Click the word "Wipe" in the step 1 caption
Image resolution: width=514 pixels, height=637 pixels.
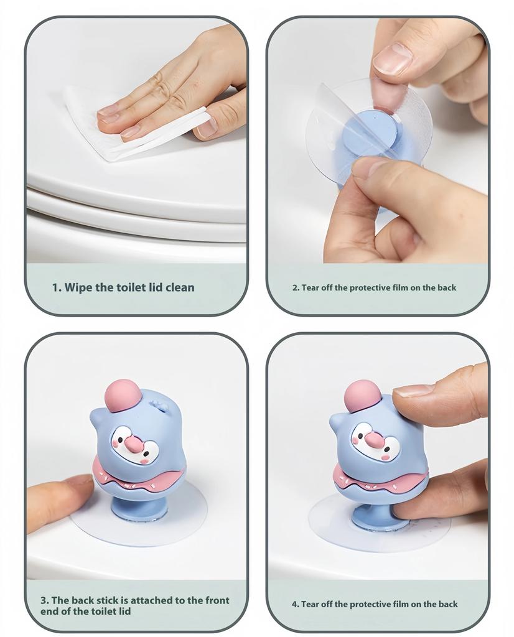pyautogui.click(x=80, y=287)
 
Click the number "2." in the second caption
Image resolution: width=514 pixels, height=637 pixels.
pyautogui.click(x=296, y=287)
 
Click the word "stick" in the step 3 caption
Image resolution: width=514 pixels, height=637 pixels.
pyautogui.click(x=110, y=600)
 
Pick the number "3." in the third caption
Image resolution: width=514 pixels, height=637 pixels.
pyautogui.click(x=45, y=600)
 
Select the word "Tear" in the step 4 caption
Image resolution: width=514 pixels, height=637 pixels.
pyautogui.click(x=310, y=604)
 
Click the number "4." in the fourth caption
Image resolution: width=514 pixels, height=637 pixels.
pyautogui.click(x=296, y=604)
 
